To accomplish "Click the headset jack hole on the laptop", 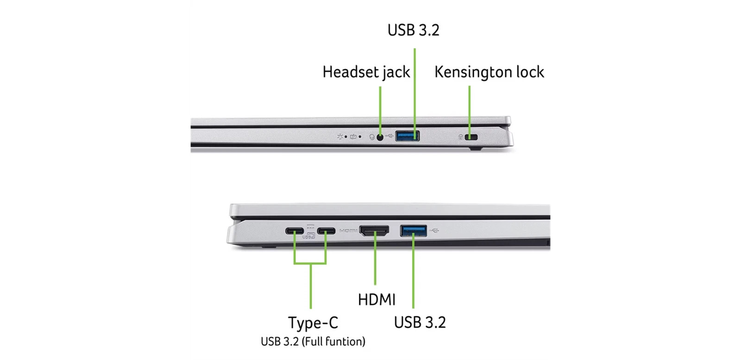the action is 380,137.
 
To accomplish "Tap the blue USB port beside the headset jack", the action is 407,136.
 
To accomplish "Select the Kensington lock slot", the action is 471,137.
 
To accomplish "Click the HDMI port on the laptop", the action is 374,231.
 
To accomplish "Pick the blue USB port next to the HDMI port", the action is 414,231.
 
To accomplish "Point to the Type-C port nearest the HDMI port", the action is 326,231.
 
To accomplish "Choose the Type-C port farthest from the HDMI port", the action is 295,231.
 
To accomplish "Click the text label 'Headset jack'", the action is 366,72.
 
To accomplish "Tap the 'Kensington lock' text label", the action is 489,72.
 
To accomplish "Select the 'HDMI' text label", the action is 377,299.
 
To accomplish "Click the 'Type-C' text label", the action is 313,322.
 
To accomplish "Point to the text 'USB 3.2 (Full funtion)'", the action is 313,341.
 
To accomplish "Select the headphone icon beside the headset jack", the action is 372,137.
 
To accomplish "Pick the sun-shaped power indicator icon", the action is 340,136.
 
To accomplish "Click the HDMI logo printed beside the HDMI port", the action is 348,231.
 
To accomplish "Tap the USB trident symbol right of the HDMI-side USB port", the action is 434,231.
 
